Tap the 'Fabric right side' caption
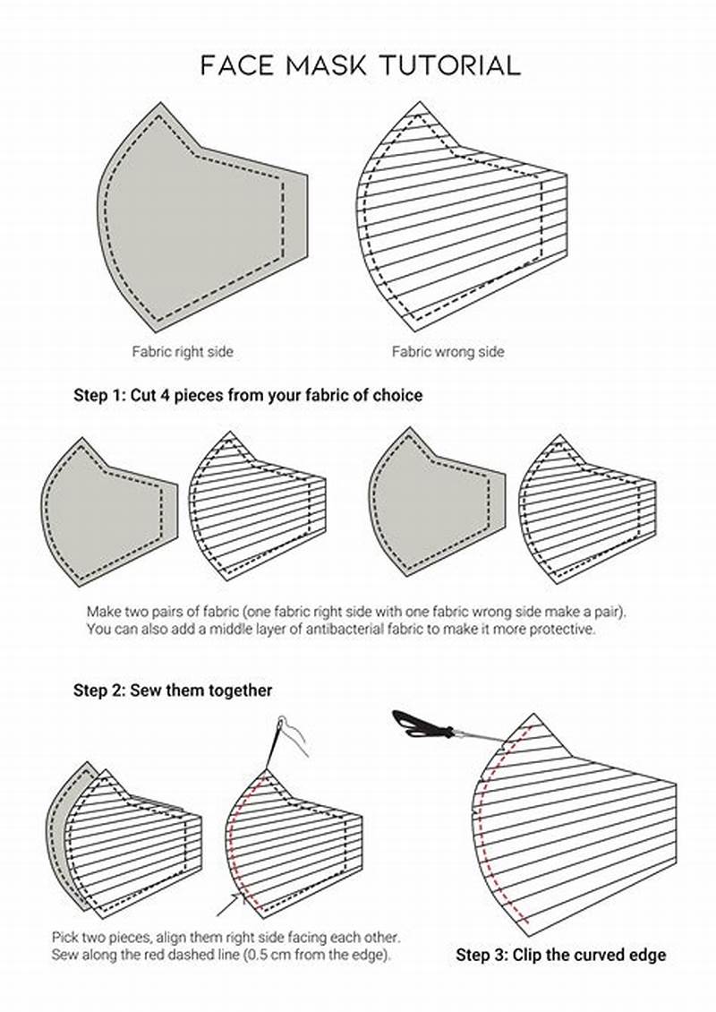(x=183, y=352)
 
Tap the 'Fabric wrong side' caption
(x=447, y=352)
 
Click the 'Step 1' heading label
(x=98, y=394)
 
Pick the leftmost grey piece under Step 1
(x=103, y=510)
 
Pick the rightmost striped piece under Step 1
(x=586, y=510)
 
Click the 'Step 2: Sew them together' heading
(x=173, y=690)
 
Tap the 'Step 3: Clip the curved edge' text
(x=561, y=955)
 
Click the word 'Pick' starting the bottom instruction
(x=66, y=937)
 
